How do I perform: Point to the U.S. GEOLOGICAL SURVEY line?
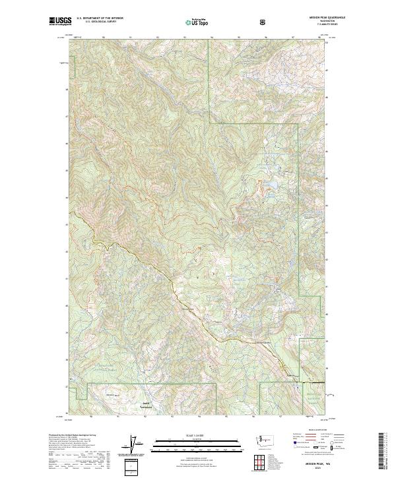coord(95,23)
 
